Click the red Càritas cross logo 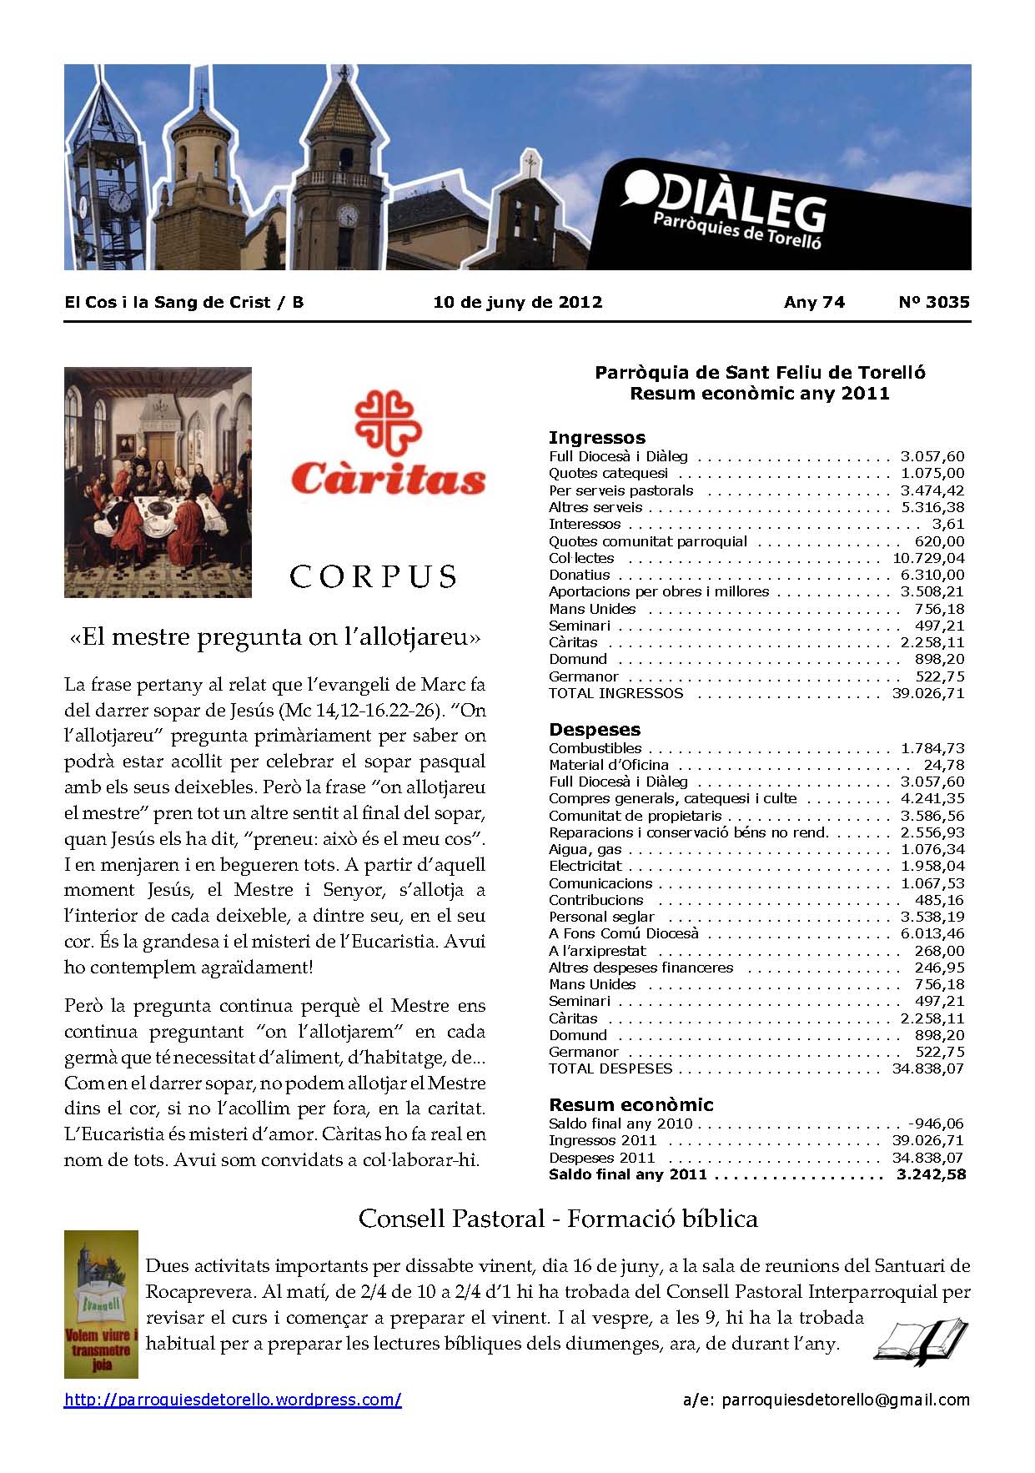(384, 430)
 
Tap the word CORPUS (373, 576)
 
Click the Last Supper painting (158, 482)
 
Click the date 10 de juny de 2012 (517, 302)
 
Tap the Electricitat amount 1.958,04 (932, 866)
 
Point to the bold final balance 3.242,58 (931, 1174)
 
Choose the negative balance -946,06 (935, 1124)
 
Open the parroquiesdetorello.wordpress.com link (233, 1400)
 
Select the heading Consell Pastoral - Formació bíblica (558, 1219)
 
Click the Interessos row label (585, 524)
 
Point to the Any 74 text (814, 302)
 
